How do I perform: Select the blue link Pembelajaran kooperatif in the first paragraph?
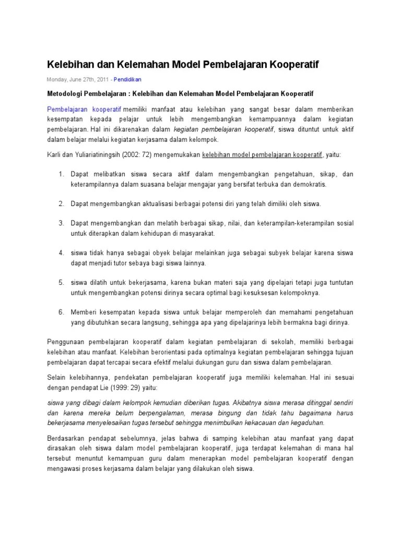coord(84,110)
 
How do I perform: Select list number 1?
coord(61,174)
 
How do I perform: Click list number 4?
coord(61,253)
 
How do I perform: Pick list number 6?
coord(61,312)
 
